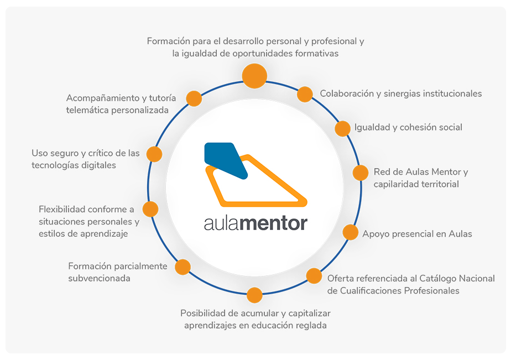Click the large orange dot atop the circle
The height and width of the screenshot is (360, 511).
pyautogui.click(x=254, y=76)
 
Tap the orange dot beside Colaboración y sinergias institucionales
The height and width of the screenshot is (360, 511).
pyautogui.click(x=305, y=94)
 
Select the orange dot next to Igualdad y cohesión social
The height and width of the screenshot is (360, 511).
pyautogui.click(x=342, y=128)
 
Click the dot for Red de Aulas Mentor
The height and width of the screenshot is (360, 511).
pyautogui.click(x=361, y=173)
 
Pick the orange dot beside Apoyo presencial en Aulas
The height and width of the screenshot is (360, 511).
pyautogui.click(x=350, y=232)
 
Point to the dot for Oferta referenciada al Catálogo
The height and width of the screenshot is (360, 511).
pyautogui.click(x=314, y=275)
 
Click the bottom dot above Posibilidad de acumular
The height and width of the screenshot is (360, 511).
pyautogui.click(x=254, y=295)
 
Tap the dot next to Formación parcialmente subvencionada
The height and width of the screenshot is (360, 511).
pyautogui.click(x=183, y=267)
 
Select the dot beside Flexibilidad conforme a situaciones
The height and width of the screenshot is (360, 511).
pyautogui.click(x=150, y=209)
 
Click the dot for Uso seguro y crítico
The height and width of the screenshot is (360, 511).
pyautogui.click(x=154, y=154)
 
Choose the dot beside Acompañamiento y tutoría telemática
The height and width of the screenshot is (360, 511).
pyautogui.click(x=194, y=98)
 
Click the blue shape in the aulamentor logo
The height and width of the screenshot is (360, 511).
pyautogui.click(x=226, y=160)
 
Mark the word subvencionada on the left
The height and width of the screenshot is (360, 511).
pyautogui.click(x=99, y=278)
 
